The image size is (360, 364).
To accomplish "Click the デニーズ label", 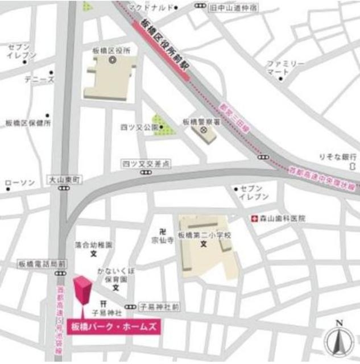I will [39, 80].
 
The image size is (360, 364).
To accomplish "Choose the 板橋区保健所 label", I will [28, 123].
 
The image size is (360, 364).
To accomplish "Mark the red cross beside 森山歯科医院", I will [255, 218].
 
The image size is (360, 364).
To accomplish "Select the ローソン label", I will [20, 183].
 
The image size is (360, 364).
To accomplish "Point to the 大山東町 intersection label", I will [65, 179].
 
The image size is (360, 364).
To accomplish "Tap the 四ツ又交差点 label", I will [146, 163].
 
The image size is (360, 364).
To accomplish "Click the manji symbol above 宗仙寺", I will [163, 231].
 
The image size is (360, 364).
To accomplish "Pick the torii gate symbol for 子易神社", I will [104, 303].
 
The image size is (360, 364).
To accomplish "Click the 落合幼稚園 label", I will [94, 245].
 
